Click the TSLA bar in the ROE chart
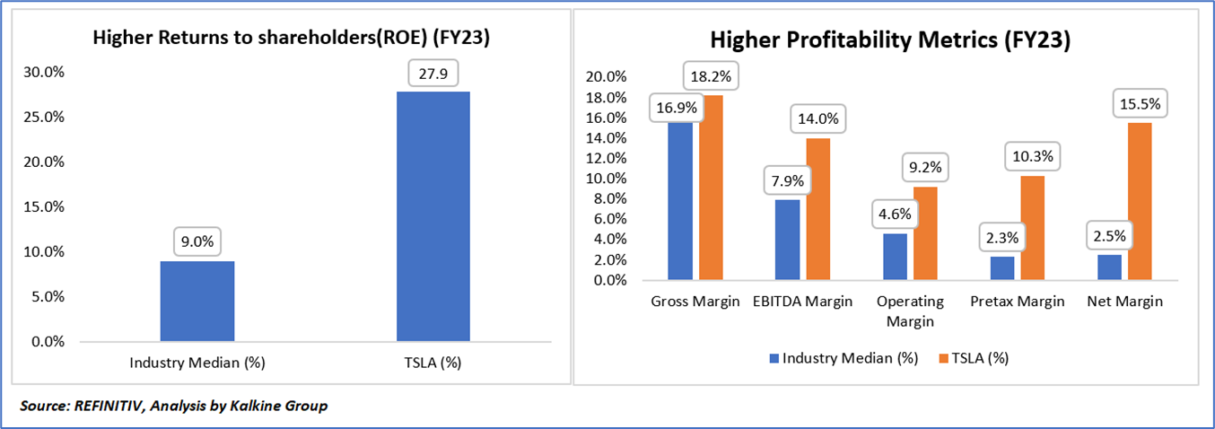click(x=433, y=216)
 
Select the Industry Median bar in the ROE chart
click(x=197, y=301)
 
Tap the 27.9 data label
click(x=433, y=73)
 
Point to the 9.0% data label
click(x=197, y=242)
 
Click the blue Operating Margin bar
click(x=896, y=257)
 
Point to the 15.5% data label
click(x=1139, y=104)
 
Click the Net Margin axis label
click(x=1125, y=302)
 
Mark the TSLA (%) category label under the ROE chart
click(x=433, y=363)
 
